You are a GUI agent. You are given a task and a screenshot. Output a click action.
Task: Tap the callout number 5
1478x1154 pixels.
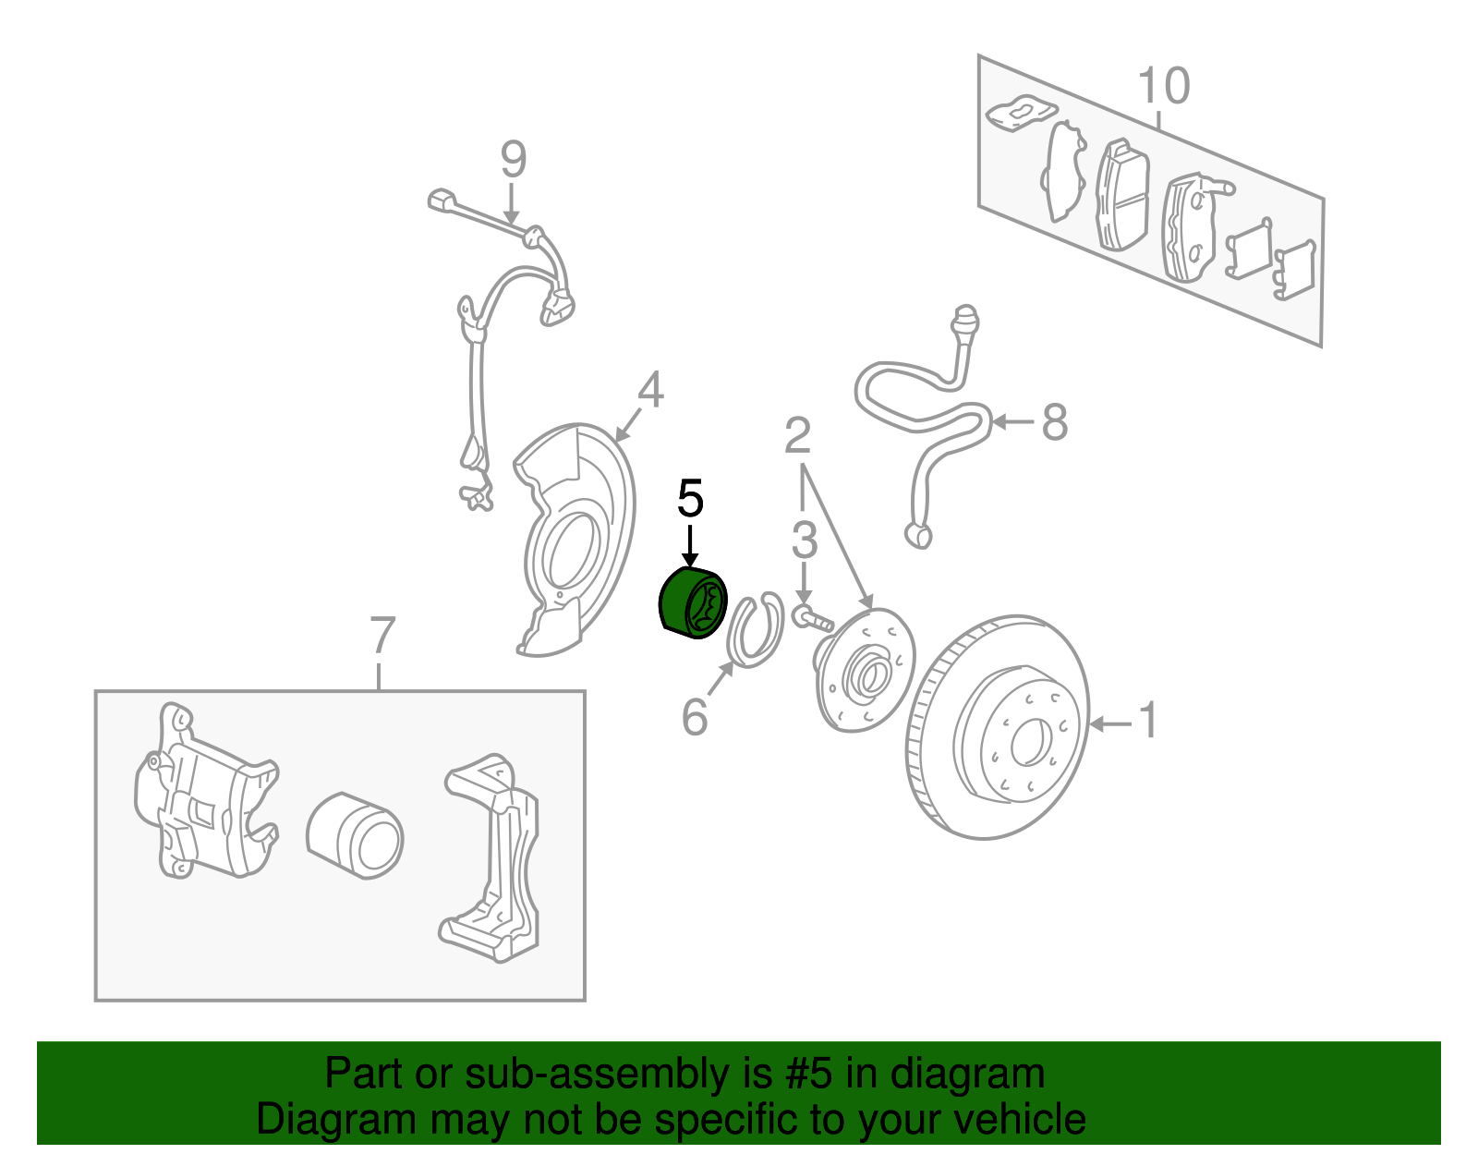point(690,500)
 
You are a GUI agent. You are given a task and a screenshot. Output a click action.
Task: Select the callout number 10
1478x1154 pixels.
point(1163,86)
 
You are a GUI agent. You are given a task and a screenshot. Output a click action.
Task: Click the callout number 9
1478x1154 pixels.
point(514,160)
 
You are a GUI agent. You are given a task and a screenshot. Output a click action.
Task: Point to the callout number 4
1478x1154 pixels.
point(650,390)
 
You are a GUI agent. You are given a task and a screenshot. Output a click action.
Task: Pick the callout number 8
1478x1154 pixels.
point(1054,423)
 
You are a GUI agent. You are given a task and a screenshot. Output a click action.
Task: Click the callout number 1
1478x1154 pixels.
point(1147,721)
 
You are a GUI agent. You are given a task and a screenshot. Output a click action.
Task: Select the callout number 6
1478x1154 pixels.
point(695,717)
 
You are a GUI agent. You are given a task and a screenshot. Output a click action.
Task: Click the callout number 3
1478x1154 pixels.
point(805,541)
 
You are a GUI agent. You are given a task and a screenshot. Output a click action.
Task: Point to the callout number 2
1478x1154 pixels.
point(798,435)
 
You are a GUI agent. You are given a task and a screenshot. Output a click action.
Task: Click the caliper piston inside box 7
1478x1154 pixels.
point(355,835)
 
